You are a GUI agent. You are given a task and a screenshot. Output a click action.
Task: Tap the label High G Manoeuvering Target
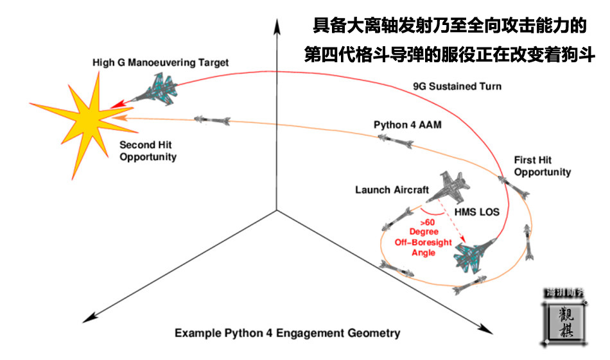point(161,63)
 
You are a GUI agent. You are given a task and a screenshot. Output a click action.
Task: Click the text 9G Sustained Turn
point(456,86)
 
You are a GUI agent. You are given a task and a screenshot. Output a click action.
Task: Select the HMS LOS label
point(477,211)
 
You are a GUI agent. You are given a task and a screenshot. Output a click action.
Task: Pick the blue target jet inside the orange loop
point(473,255)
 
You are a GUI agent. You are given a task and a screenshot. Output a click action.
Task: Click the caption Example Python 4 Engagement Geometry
point(288,333)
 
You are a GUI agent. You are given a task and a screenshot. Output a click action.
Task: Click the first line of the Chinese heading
point(449,27)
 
